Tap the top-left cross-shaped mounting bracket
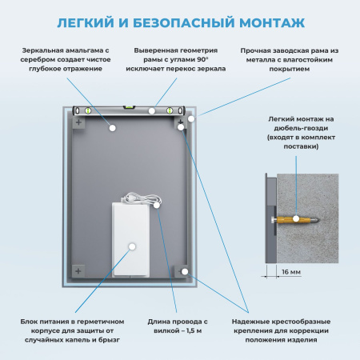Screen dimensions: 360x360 (x=77, y=123)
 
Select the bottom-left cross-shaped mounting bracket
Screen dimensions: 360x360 (x=77, y=270)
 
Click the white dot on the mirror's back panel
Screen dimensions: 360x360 (x=113, y=126)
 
